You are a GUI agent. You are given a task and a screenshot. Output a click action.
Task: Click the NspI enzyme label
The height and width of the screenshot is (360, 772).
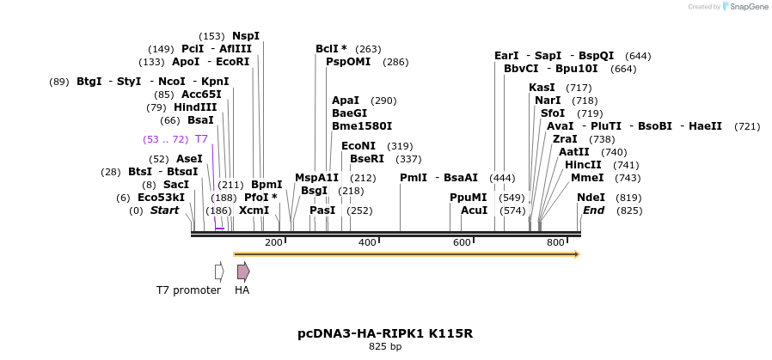click(x=245, y=36)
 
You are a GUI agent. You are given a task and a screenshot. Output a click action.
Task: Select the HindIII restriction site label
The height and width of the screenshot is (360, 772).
click(x=195, y=107)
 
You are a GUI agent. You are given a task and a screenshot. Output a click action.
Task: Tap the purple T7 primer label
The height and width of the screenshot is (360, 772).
click(x=201, y=139)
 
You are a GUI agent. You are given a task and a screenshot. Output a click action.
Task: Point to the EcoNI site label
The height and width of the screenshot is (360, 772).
click(x=358, y=146)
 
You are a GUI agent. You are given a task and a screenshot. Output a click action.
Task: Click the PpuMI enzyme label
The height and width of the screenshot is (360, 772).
click(x=469, y=198)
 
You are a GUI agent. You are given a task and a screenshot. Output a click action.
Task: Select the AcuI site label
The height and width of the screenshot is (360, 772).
click(x=474, y=211)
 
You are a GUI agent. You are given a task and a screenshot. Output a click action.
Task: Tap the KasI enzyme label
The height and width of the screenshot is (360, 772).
click(x=542, y=88)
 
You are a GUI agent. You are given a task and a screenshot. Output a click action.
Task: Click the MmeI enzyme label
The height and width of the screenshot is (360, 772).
click(x=587, y=178)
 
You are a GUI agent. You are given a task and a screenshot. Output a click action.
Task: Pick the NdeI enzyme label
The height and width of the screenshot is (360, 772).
click(x=591, y=198)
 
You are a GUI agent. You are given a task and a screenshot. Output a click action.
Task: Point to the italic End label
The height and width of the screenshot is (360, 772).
click(x=593, y=211)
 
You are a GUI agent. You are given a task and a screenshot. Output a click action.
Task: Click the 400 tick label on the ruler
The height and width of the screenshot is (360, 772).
click(x=367, y=243)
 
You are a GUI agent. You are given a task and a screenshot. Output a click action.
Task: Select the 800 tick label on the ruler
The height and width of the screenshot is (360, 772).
click(x=554, y=243)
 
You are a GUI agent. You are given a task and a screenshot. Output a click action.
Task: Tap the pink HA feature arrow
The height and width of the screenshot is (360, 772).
click(x=243, y=272)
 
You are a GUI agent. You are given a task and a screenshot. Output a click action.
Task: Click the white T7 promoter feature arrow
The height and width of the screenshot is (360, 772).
click(x=219, y=272)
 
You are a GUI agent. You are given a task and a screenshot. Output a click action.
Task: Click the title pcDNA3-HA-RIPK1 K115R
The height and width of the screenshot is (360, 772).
click(x=385, y=333)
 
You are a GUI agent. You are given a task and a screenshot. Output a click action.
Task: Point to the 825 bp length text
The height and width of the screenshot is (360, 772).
click(x=385, y=347)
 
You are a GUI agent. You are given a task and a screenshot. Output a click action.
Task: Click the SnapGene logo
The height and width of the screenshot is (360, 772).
click(x=744, y=7)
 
